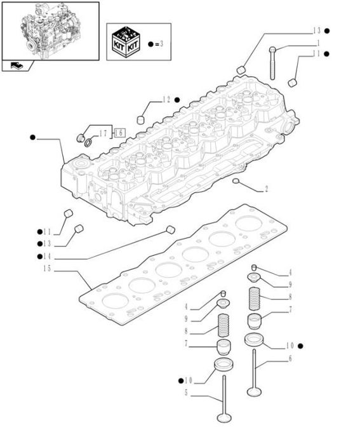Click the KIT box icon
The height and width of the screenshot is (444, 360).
pyautogui.click(x=125, y=42)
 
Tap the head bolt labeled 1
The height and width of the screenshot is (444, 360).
pyautogui.click(x=272, y=63)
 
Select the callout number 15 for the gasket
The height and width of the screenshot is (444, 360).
pyautogui.click(x=47, y=269)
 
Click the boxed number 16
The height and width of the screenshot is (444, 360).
pyautogui.click(x=120, y=133)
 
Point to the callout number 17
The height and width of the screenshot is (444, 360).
pyautogui.click(x=103, y=133)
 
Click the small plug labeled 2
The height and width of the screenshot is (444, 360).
pyautogui.click(x=236, y=180)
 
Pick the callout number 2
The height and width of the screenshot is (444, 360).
pyautogui.click(x=266, y=189)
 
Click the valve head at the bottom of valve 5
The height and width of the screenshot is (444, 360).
pyautogui.click(x=224, y=418)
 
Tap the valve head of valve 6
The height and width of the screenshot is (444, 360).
pyautogui.click(x=254, y=392)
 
